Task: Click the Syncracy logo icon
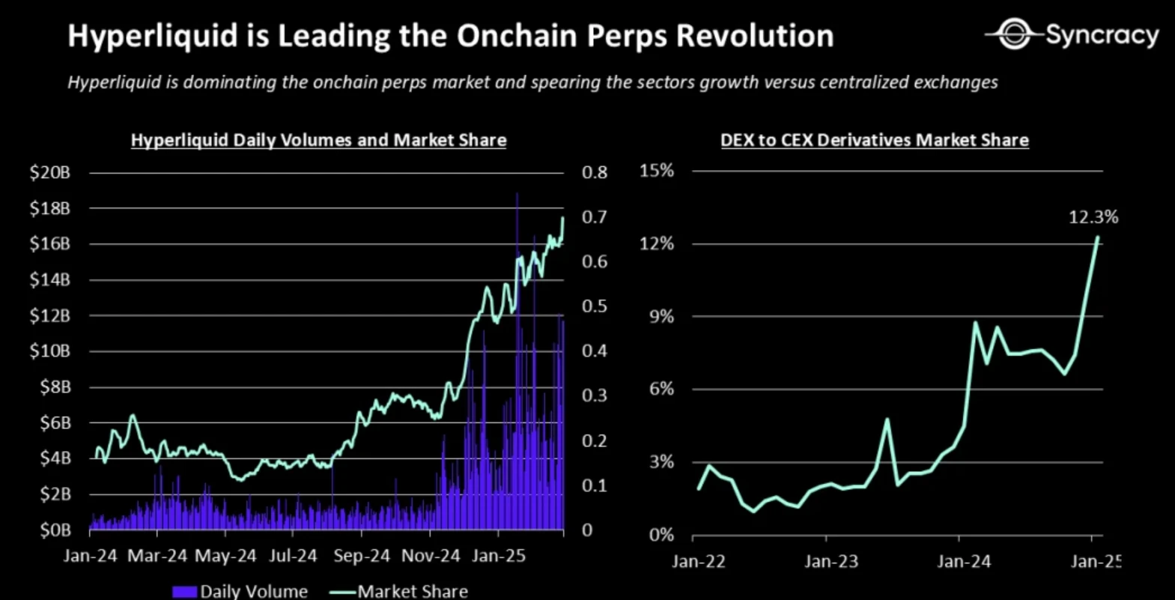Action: (x=1015, y=34)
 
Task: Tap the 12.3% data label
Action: (x=1093, y=217)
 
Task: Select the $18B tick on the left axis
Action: (x=49, y=208)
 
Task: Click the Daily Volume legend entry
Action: (x=240, y=591)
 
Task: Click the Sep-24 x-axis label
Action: (x=362, y=556)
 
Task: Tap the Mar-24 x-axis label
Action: (x=157, y=556)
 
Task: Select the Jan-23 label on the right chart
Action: (x=831, y=561)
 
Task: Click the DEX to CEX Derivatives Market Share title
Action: (x=874, y=140)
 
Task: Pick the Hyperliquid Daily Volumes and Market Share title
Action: (x=318, y=140)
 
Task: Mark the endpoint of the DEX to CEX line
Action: (x=1098, y=237)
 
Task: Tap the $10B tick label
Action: (x=49, y=351)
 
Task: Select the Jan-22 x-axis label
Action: (x=699, y=561)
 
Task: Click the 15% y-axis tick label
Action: (x=657, y=171)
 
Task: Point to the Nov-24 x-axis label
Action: (x=431, y=556)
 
